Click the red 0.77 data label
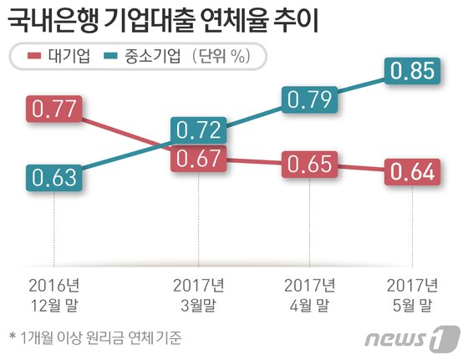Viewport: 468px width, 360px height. (x=54, y=109)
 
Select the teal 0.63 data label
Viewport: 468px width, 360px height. (x=54, y=177)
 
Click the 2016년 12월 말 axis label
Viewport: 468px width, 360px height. (x=54, y=290)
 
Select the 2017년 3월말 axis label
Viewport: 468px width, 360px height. (x=199, y=290)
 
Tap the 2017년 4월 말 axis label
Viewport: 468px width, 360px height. (x=310, y=290)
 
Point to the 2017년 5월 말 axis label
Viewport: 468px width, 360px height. (x=414, y=290)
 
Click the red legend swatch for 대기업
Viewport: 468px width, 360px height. (x=33, y=57)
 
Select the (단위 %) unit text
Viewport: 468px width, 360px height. (x=221, y=57)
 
